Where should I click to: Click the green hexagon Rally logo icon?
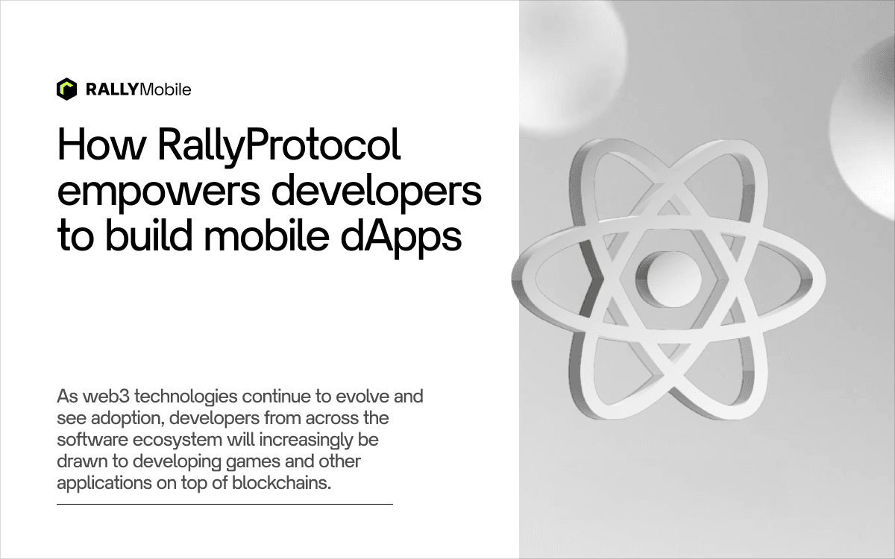pyautogui.click(x=66, y=89)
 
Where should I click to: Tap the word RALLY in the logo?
pyautogui.click(x=113, y=89)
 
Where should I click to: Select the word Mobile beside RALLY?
pyautogui.click(x=166, y=89)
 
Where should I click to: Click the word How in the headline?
pyautogui.click(x=101, y=144)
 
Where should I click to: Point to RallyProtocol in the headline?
pyautogui.click(x=279, y=147)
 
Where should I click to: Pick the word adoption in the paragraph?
pyautogui.click(x=128, y=419)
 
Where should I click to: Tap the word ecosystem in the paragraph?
pyautogui.click(x=178, y=440)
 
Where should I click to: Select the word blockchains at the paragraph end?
pyautogui.click(x=281, y=483)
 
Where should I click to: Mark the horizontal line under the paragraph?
pyautogui.click(x=225, y=505)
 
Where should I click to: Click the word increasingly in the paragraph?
pyautogui.click(x=306, y=440)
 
